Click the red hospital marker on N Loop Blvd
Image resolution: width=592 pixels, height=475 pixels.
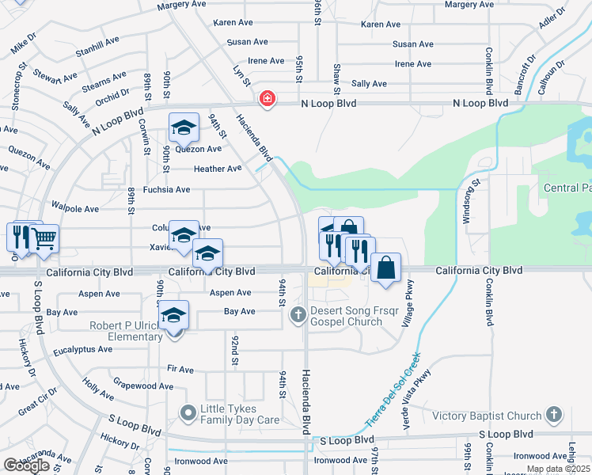[x=268, y=99]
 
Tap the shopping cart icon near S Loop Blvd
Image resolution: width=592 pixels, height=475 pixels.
[x=44, y=237]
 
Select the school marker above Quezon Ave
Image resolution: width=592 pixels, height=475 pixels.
[x=183, y=127]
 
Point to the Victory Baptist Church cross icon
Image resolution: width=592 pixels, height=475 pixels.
[x=553, y=415]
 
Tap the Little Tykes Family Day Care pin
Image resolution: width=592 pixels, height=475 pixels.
[x=188, y=412]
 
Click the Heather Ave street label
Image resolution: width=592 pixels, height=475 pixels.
[x=217, y=169]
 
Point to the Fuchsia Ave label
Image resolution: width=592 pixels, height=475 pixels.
[x=166, y=190]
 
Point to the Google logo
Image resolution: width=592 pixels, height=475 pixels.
[x=26, y=465]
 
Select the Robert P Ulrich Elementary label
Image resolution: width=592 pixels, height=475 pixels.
[x=116, y=331]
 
